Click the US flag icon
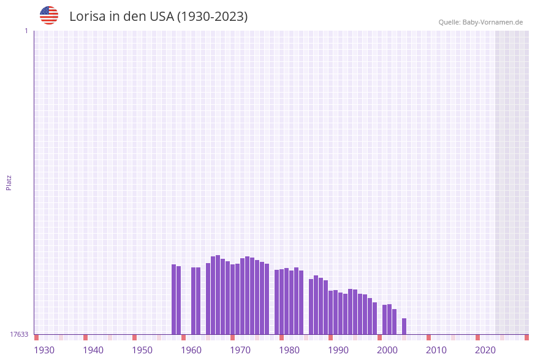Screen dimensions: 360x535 [49, 15]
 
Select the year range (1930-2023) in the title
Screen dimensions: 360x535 [212, 17]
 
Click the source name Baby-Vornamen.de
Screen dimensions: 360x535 [493, 22]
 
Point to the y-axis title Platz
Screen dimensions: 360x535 [9, 182]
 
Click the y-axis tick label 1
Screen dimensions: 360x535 [26, 31]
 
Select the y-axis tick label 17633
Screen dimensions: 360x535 [19, 334]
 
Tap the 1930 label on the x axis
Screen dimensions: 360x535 [44, 350]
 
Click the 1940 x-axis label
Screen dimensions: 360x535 [93, 350]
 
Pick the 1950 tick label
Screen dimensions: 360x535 [142, 350]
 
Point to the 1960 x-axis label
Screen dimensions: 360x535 [191, 350]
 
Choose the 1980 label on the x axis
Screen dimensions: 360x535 [289, 350]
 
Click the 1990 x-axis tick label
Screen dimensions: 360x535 [338, 350]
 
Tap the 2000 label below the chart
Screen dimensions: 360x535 [387, 350]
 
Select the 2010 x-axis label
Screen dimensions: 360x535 [436, 350]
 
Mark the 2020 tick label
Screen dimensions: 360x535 [485, 350]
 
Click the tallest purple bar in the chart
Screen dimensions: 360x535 [218, 294]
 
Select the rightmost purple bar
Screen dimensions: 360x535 [404, 326]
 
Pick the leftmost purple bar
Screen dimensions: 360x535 [173, 299]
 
